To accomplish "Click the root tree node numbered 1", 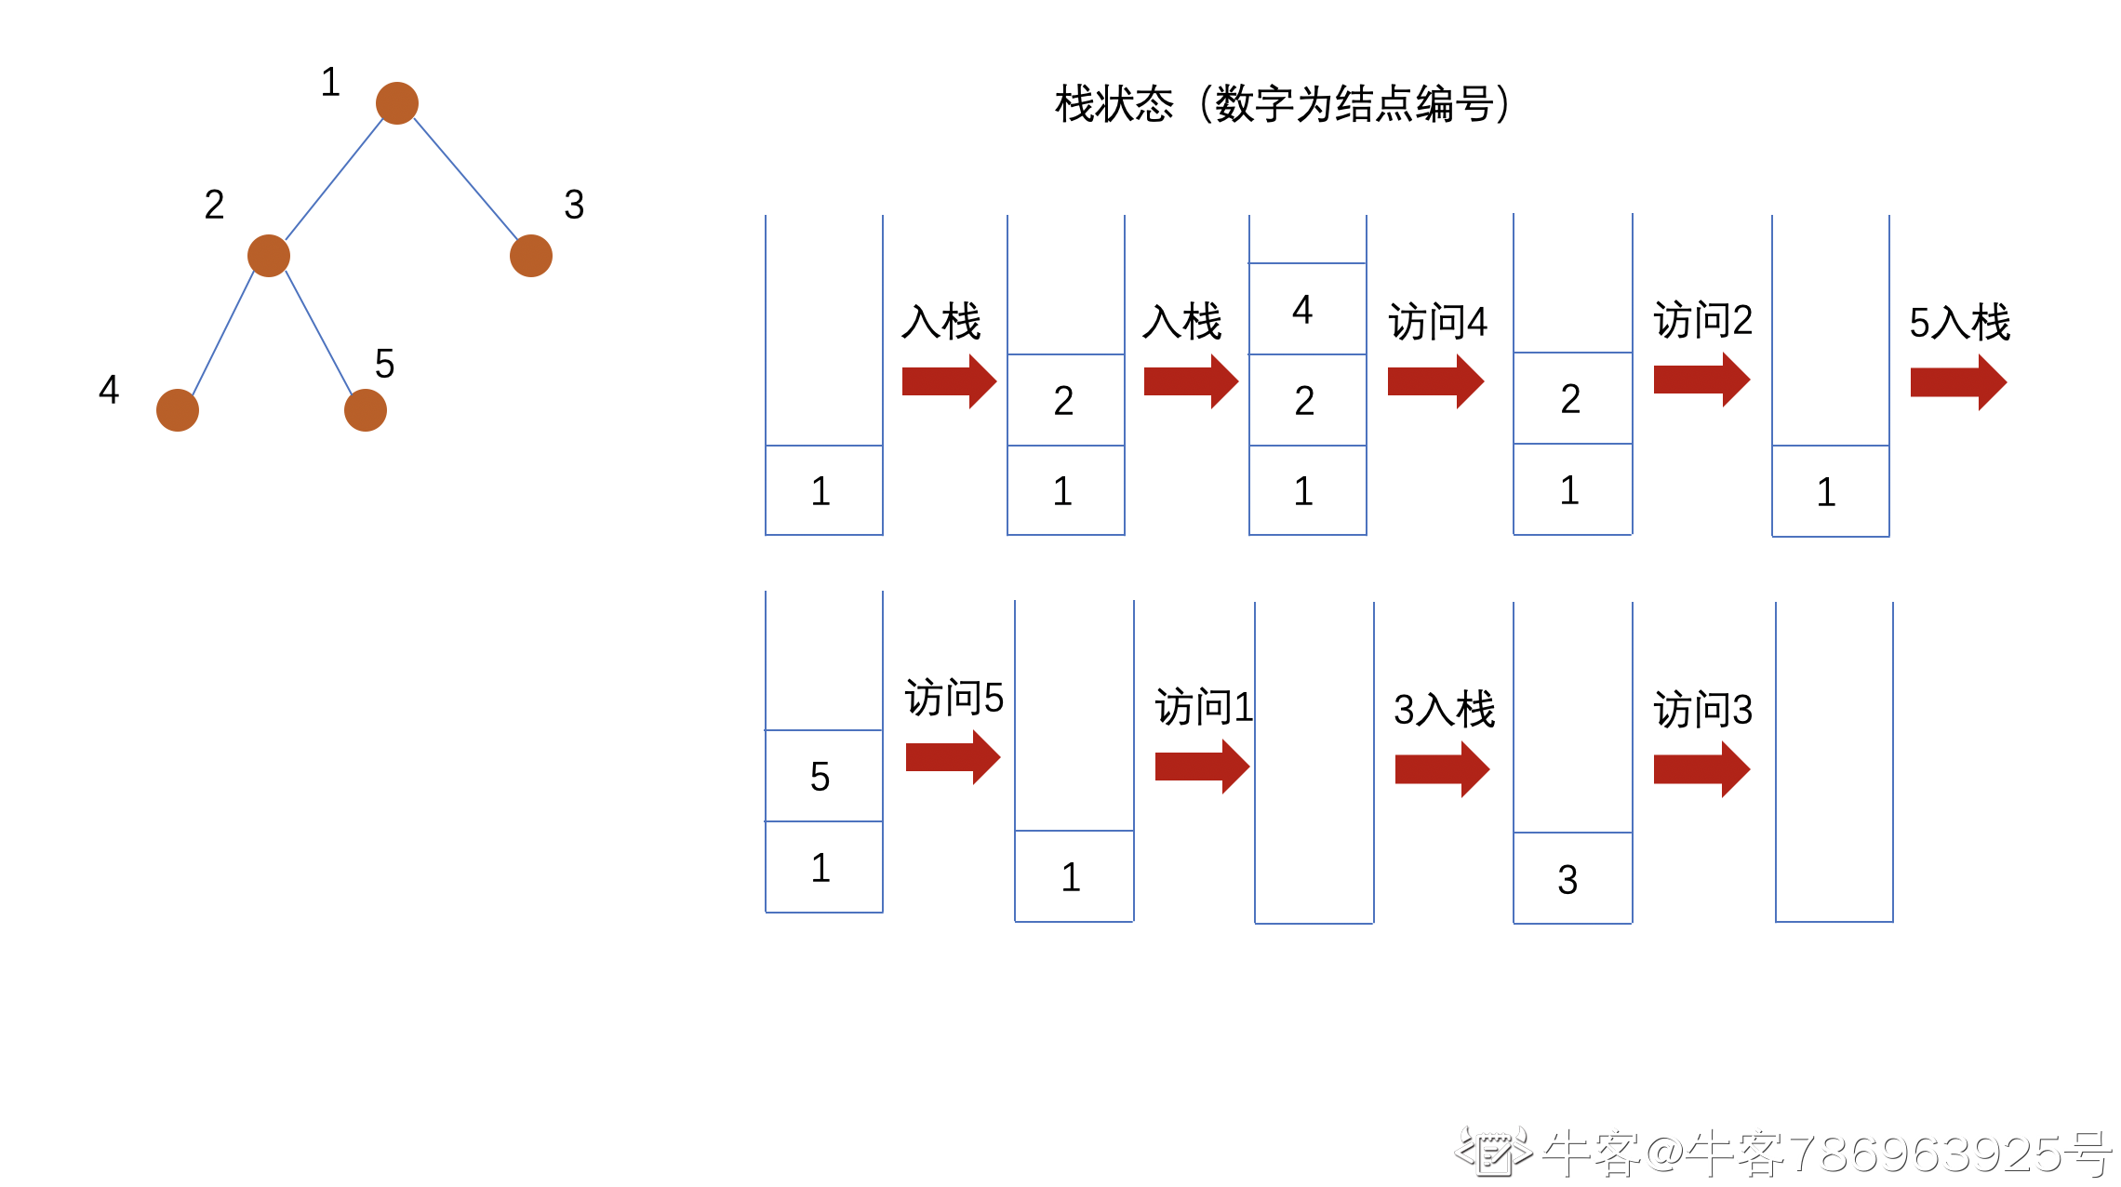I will click(397, 102).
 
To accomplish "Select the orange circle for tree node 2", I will click(269, 256).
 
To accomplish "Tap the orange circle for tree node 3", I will click(531, 256).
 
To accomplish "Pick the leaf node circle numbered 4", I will click(178, 410).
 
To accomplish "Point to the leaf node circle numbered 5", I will click(366, 410).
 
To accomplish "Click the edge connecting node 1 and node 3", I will click(465, 179).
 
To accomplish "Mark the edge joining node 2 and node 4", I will click(223, 332).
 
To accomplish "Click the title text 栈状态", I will click(1114, 104).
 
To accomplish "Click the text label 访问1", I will click(1204, 708).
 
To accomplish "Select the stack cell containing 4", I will click(1307, 309).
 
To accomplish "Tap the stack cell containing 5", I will click(823, 776).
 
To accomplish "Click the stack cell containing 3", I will click(1572, 878).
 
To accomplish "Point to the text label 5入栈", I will click(1959, 323).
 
